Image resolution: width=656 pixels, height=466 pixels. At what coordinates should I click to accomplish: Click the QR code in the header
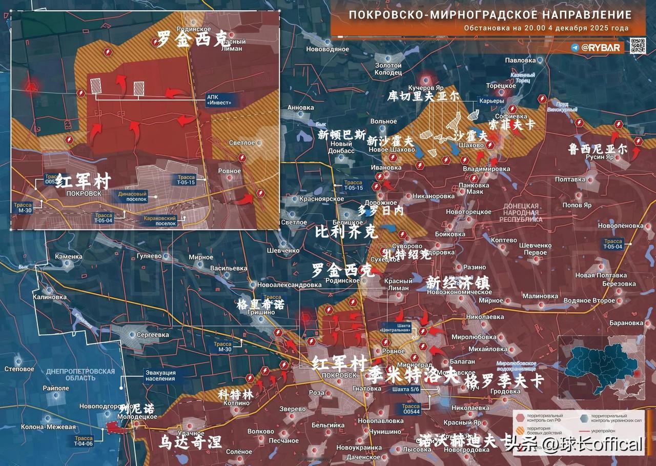[638, 46]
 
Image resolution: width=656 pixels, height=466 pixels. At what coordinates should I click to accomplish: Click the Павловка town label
[520, 60]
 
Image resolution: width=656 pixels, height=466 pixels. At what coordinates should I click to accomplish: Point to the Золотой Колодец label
[388, 69]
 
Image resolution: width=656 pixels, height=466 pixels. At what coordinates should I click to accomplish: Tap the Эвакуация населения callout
[160, 376]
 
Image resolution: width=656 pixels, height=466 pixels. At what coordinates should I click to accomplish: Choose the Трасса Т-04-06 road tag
[83, 441]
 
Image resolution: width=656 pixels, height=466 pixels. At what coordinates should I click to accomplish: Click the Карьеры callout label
[491, 101]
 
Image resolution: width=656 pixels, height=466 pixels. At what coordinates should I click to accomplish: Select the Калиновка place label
[50, 297]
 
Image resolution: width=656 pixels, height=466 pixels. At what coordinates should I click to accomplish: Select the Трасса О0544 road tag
[411, 409]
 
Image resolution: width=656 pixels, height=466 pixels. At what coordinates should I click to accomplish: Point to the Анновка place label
[300, 108]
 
